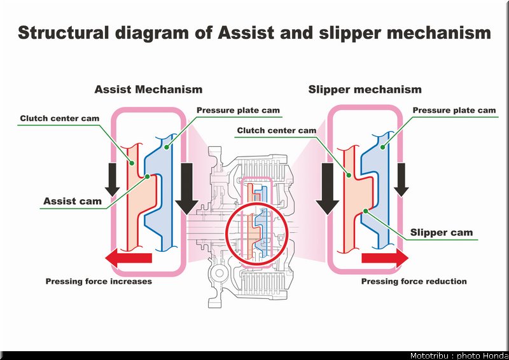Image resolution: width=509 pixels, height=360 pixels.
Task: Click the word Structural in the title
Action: [63, 33]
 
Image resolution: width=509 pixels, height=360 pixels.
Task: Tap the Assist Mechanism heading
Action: [148, 89]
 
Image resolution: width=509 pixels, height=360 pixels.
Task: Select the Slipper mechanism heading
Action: [365, 90]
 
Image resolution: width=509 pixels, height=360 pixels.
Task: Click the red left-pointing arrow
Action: [129, 258]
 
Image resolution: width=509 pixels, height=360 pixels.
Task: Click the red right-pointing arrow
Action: [385, 258]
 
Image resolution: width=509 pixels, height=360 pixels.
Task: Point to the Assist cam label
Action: [73, 201]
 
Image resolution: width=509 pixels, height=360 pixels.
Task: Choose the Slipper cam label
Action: [442, 232]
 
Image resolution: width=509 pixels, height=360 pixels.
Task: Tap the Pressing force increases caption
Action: [99, 281]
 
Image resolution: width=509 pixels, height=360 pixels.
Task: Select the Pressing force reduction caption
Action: [414, 281]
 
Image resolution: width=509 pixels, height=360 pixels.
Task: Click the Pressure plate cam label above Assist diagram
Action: [238, 111]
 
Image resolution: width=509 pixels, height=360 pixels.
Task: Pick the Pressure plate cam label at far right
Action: [454, 111]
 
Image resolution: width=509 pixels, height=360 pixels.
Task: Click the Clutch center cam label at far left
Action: [60, 118]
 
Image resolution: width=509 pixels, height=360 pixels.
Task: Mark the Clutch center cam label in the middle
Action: [277, 130]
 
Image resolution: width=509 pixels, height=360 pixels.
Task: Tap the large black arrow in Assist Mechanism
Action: [186, 189]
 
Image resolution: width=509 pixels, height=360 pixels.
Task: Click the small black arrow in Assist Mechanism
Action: [113, 179]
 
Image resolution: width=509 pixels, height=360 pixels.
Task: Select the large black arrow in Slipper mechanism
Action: [327, 189]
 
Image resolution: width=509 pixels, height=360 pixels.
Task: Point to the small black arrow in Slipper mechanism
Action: [401, 179]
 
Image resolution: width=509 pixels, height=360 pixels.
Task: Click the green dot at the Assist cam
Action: [148, 177]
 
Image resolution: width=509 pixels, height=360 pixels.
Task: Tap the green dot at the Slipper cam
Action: [365, 211]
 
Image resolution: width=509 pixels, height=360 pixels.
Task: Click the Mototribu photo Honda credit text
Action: [459, 356]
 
